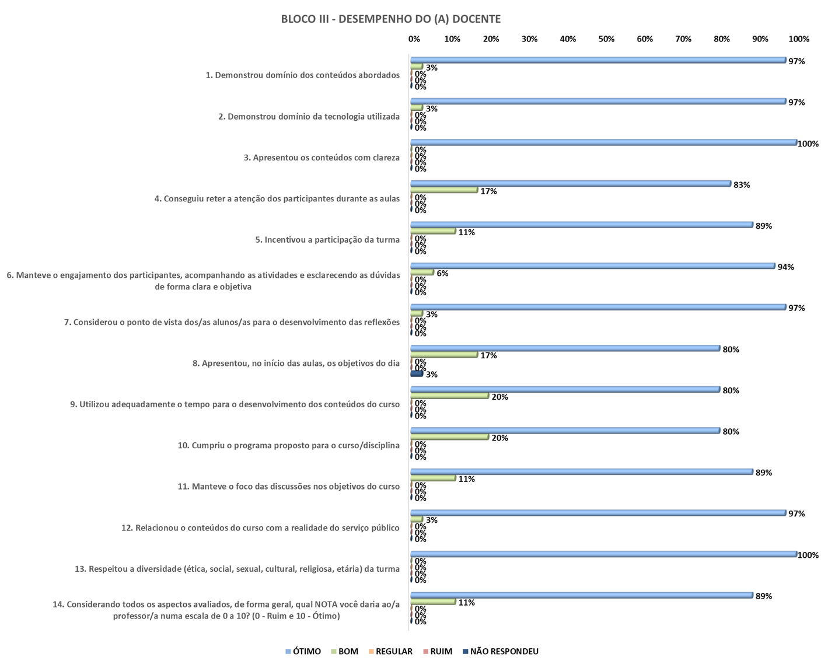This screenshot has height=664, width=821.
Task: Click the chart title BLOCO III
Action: (390, 19)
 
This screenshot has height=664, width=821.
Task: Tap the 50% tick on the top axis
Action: (606, 39)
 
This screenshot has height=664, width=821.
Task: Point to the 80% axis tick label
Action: (722, 39)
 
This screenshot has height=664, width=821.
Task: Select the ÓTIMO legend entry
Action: (303, 651)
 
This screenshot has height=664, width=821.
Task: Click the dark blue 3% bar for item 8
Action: (417, 374)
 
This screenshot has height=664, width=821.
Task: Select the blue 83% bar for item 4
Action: (571, 184)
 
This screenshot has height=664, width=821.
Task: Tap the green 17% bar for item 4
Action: (444, 190)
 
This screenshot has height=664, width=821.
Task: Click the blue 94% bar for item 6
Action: (592, 266)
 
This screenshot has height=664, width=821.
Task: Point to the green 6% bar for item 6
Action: (422, 272)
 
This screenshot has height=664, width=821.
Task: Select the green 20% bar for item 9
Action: (449, 396)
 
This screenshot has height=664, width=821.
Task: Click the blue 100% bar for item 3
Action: (603, 142)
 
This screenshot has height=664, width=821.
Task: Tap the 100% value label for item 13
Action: (808, 555)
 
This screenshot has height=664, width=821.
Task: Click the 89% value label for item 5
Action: (763, 226)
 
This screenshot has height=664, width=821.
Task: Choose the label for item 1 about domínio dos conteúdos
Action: (302, 75)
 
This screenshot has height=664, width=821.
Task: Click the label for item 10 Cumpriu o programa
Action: (288, 445)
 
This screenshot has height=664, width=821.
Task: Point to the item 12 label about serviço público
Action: (260, 527)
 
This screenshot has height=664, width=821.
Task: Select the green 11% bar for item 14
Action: (433, 602)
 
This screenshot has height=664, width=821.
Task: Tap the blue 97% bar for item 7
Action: (598, 307)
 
